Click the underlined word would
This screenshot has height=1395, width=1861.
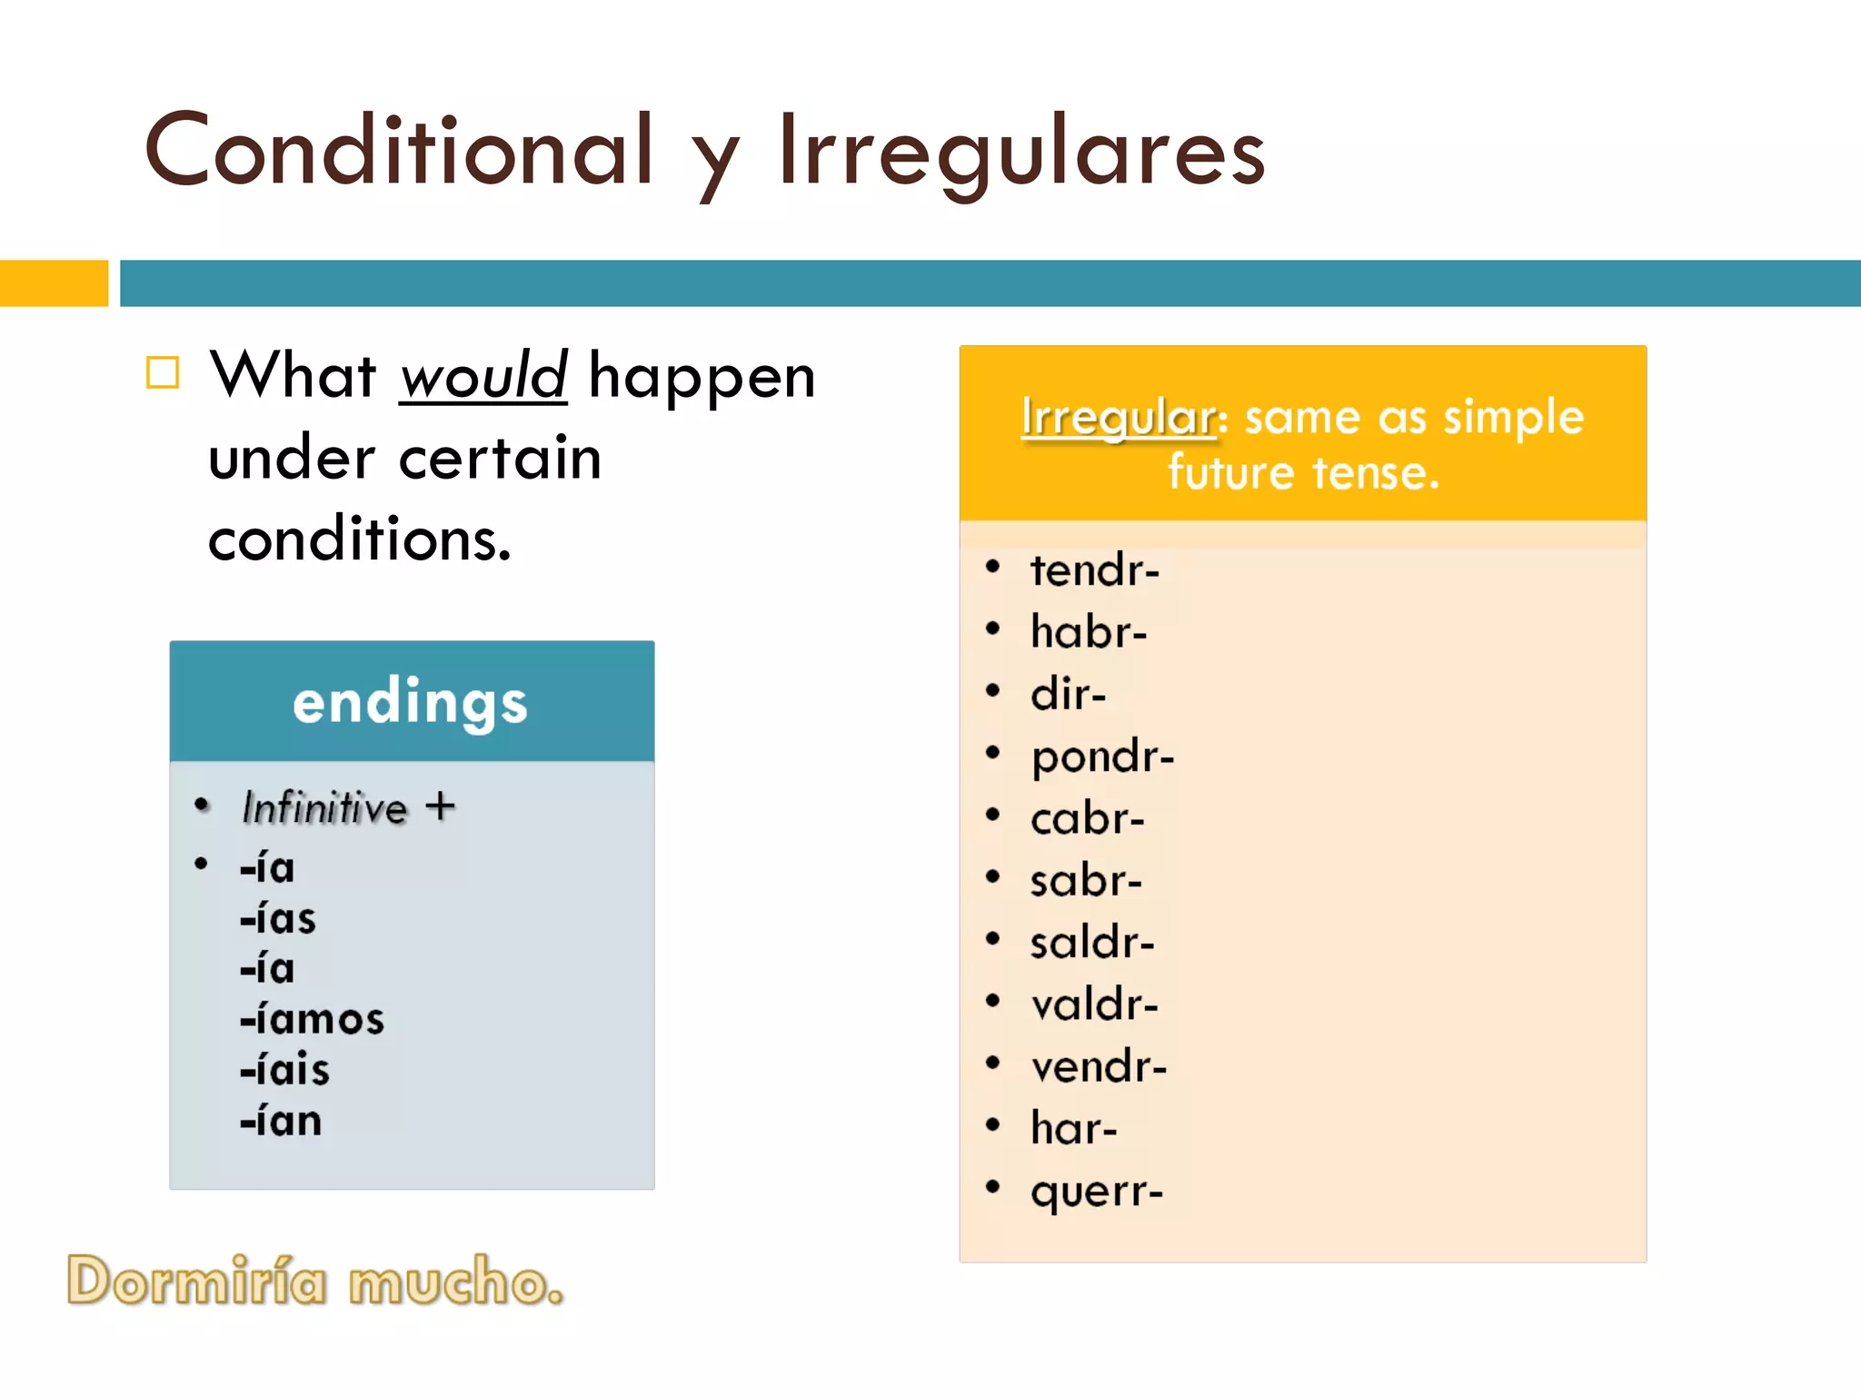(x=483, y=376)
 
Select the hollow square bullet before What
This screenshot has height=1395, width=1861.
(x=164, y=372)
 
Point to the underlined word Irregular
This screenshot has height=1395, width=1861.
(x=1117, y=419)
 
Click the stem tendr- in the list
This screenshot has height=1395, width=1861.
(x=1094, y=570)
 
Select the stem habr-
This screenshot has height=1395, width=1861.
(x=1088, y=632)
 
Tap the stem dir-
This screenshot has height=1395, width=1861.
(x=1068, y=694)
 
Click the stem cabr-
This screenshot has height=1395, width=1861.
(x=1087, y=819)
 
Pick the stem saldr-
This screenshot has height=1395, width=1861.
(x=1091, y=943)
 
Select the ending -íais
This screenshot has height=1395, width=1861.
(x=284, y=1070)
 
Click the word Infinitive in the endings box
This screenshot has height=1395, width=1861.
(x=324, y=807)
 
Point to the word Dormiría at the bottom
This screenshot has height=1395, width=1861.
(x=196, y=1281)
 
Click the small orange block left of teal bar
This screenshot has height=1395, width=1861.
(x=54, y=283)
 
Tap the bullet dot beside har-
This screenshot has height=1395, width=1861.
(x=992, y=1125)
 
